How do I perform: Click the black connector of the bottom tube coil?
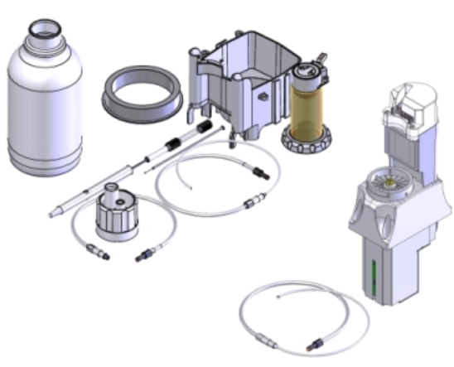(314, 340)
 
